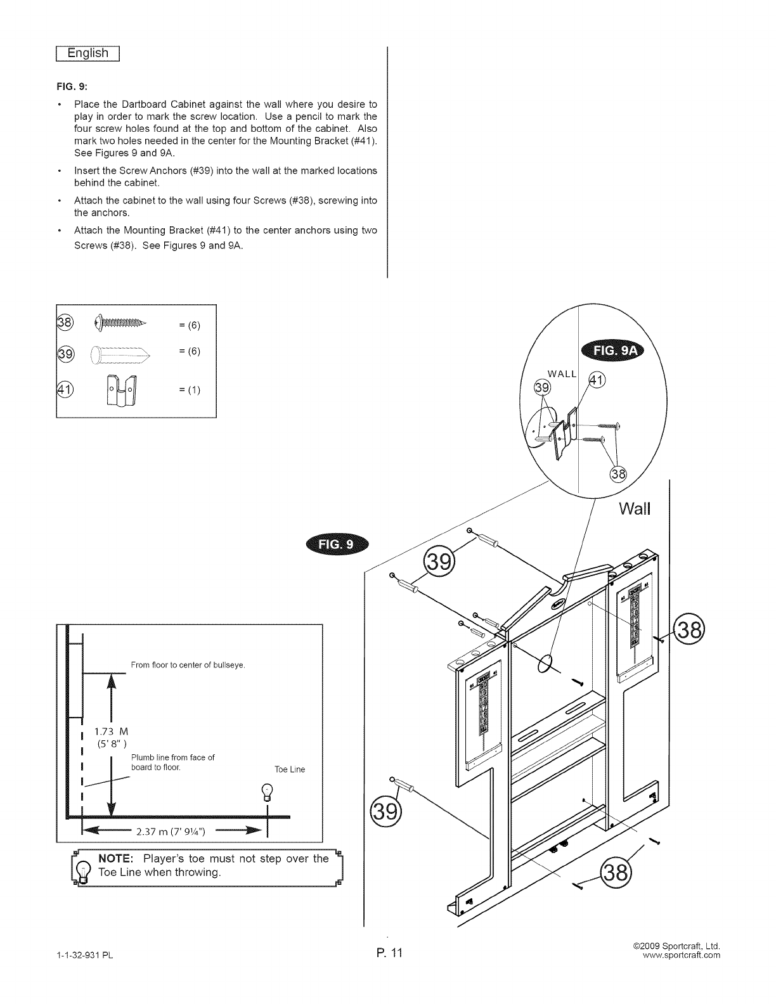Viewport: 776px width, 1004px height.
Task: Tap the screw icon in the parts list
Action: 120,324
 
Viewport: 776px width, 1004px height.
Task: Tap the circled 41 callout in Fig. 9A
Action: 597,380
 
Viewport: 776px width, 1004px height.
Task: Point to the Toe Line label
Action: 289,769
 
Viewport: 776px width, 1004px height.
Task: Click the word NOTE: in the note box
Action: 115,859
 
